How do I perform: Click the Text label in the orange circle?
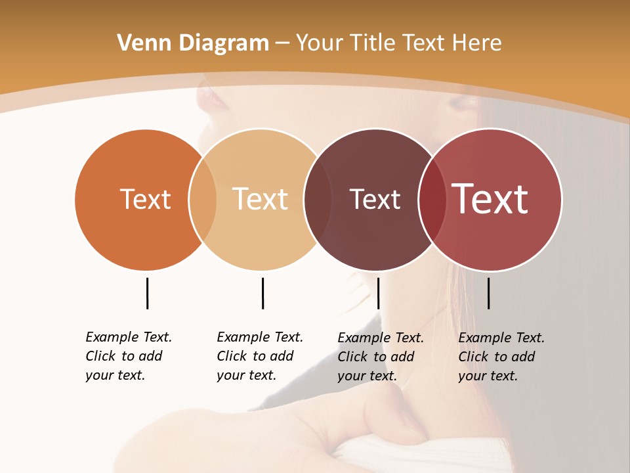click(x=145, y=199)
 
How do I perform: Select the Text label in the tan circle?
click(x=260, y=199)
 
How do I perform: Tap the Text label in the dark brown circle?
click(x=375, y=200)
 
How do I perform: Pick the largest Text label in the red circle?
click(x=490, y=199)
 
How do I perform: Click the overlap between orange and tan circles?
click(x=203, y=199)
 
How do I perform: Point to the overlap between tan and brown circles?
click(x=318, y=199)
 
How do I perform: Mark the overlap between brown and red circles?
click(x=432, y=199)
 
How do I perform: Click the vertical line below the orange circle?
click(x=147, y=293)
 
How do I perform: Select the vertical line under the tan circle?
click(x=262, y=293)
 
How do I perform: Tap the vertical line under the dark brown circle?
click(x=378, y=293)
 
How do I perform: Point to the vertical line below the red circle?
click(x=488, y=293)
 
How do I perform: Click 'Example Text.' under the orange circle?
click(x=129, y=337)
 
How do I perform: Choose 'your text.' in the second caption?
click(x=246, y=375)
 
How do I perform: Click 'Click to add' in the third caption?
click(x=376, y=357)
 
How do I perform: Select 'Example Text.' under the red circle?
click(x=501, y=338)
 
